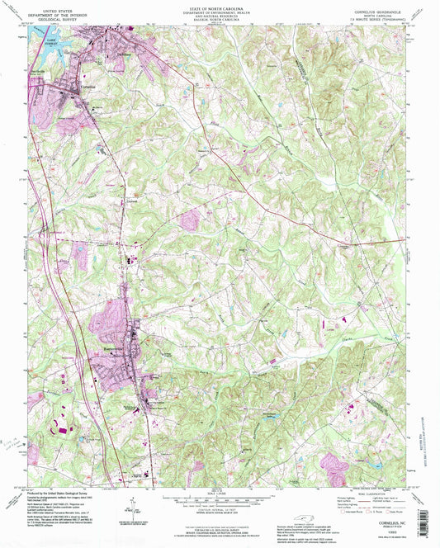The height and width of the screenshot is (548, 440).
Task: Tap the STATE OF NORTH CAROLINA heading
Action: (x=219, y=5)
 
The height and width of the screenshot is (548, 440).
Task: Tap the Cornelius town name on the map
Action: (x=68, y=86)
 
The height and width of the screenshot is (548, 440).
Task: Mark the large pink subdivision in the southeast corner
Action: (x=335, y=466)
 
